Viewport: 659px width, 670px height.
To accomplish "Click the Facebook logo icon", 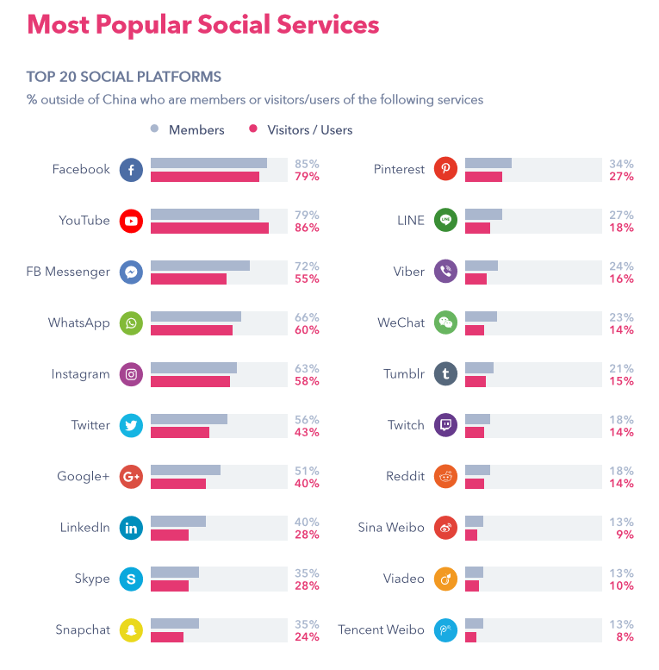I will pyautogui.click(x=131, y=170).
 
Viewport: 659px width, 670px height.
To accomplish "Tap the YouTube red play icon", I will pyautogui.click(x=131, y=221).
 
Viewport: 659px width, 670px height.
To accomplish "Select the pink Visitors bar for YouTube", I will pyautogui.click(x=209, y=228).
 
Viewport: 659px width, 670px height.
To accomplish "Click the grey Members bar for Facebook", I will pyautogui.click(x=208, y=163).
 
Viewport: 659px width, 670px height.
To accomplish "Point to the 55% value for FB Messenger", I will pyautogui.click(x=308, y=279).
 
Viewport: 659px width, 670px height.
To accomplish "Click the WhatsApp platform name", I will pyautogui.click(x=79, y=322).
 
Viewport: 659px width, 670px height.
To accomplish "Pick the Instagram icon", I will pyautogui.click(x=131, y=374).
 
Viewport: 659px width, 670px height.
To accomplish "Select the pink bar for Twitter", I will pyautogui.click(x=180, y=432).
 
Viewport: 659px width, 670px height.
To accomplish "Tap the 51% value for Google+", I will pyautogui.click(x=308, y=471).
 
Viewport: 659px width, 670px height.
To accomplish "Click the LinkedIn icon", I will pyautogui.click(x=131, y=528).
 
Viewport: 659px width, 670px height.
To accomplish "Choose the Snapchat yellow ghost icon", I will pyautogui.click(x=131, y=629).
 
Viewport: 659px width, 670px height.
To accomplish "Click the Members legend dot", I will pyautogui.click(x=155, y=129).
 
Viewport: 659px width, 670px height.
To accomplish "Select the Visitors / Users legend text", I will pyautogui.click(x=310, y=130).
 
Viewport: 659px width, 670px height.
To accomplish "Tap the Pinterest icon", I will pyautogui.click(x=445, y=170).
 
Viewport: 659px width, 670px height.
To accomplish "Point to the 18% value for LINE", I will pyautogui.click(x=623, y=228).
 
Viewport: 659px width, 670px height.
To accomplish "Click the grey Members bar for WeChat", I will pyautogui.click(x=481, y=316).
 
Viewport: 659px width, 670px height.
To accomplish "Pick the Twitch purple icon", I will pyautogui.click(x=445, y=425).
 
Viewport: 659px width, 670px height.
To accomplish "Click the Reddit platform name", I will pyautogui.click(x=405, y=476).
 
